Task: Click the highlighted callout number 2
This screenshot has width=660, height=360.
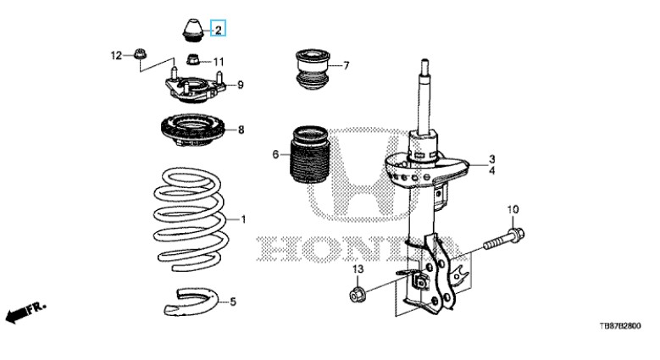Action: point(218,30)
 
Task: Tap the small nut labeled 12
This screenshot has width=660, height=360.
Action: point(139,57)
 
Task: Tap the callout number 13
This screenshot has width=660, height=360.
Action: point(357,269)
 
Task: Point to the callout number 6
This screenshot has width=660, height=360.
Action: point(275,154)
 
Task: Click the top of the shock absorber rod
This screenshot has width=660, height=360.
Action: point(424,64)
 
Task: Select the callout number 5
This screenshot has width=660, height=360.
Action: point(233,302)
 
